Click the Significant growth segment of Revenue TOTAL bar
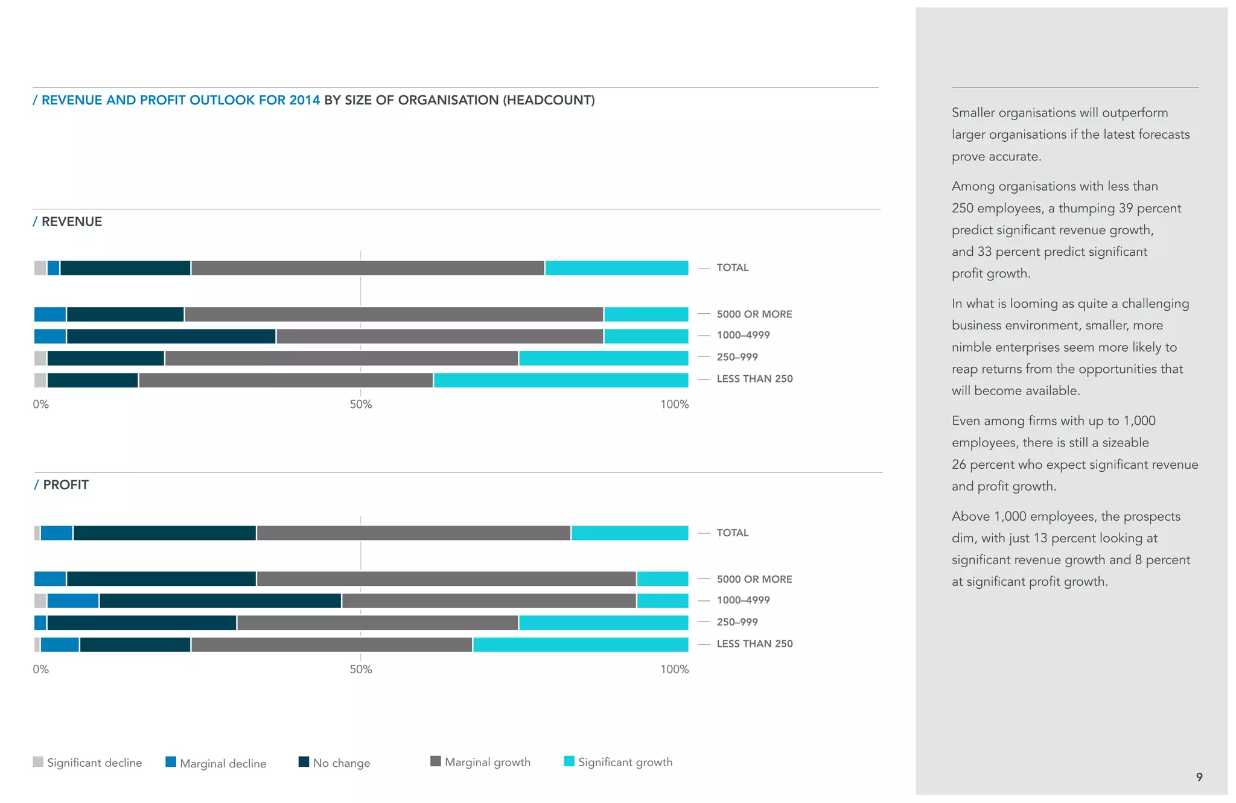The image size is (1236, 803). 616,268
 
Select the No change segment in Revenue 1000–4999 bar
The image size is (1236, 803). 171,336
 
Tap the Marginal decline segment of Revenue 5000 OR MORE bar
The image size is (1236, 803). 50,314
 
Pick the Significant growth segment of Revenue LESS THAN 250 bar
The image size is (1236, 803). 561,380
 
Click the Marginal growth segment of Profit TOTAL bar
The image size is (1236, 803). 413,533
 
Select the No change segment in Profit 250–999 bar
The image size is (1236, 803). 141,623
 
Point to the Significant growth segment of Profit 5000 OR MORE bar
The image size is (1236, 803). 663,579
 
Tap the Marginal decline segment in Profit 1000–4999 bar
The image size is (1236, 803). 72,601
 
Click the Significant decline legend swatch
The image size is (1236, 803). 38,761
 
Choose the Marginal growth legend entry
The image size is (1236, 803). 480,762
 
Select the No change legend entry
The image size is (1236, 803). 334,763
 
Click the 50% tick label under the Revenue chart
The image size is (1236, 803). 360,404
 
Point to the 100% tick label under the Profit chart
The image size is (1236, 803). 674,669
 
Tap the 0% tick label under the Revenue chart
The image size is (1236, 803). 40,404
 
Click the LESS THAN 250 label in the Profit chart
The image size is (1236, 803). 754,644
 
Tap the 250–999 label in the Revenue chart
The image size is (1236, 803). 737,357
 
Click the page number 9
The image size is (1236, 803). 1199,777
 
